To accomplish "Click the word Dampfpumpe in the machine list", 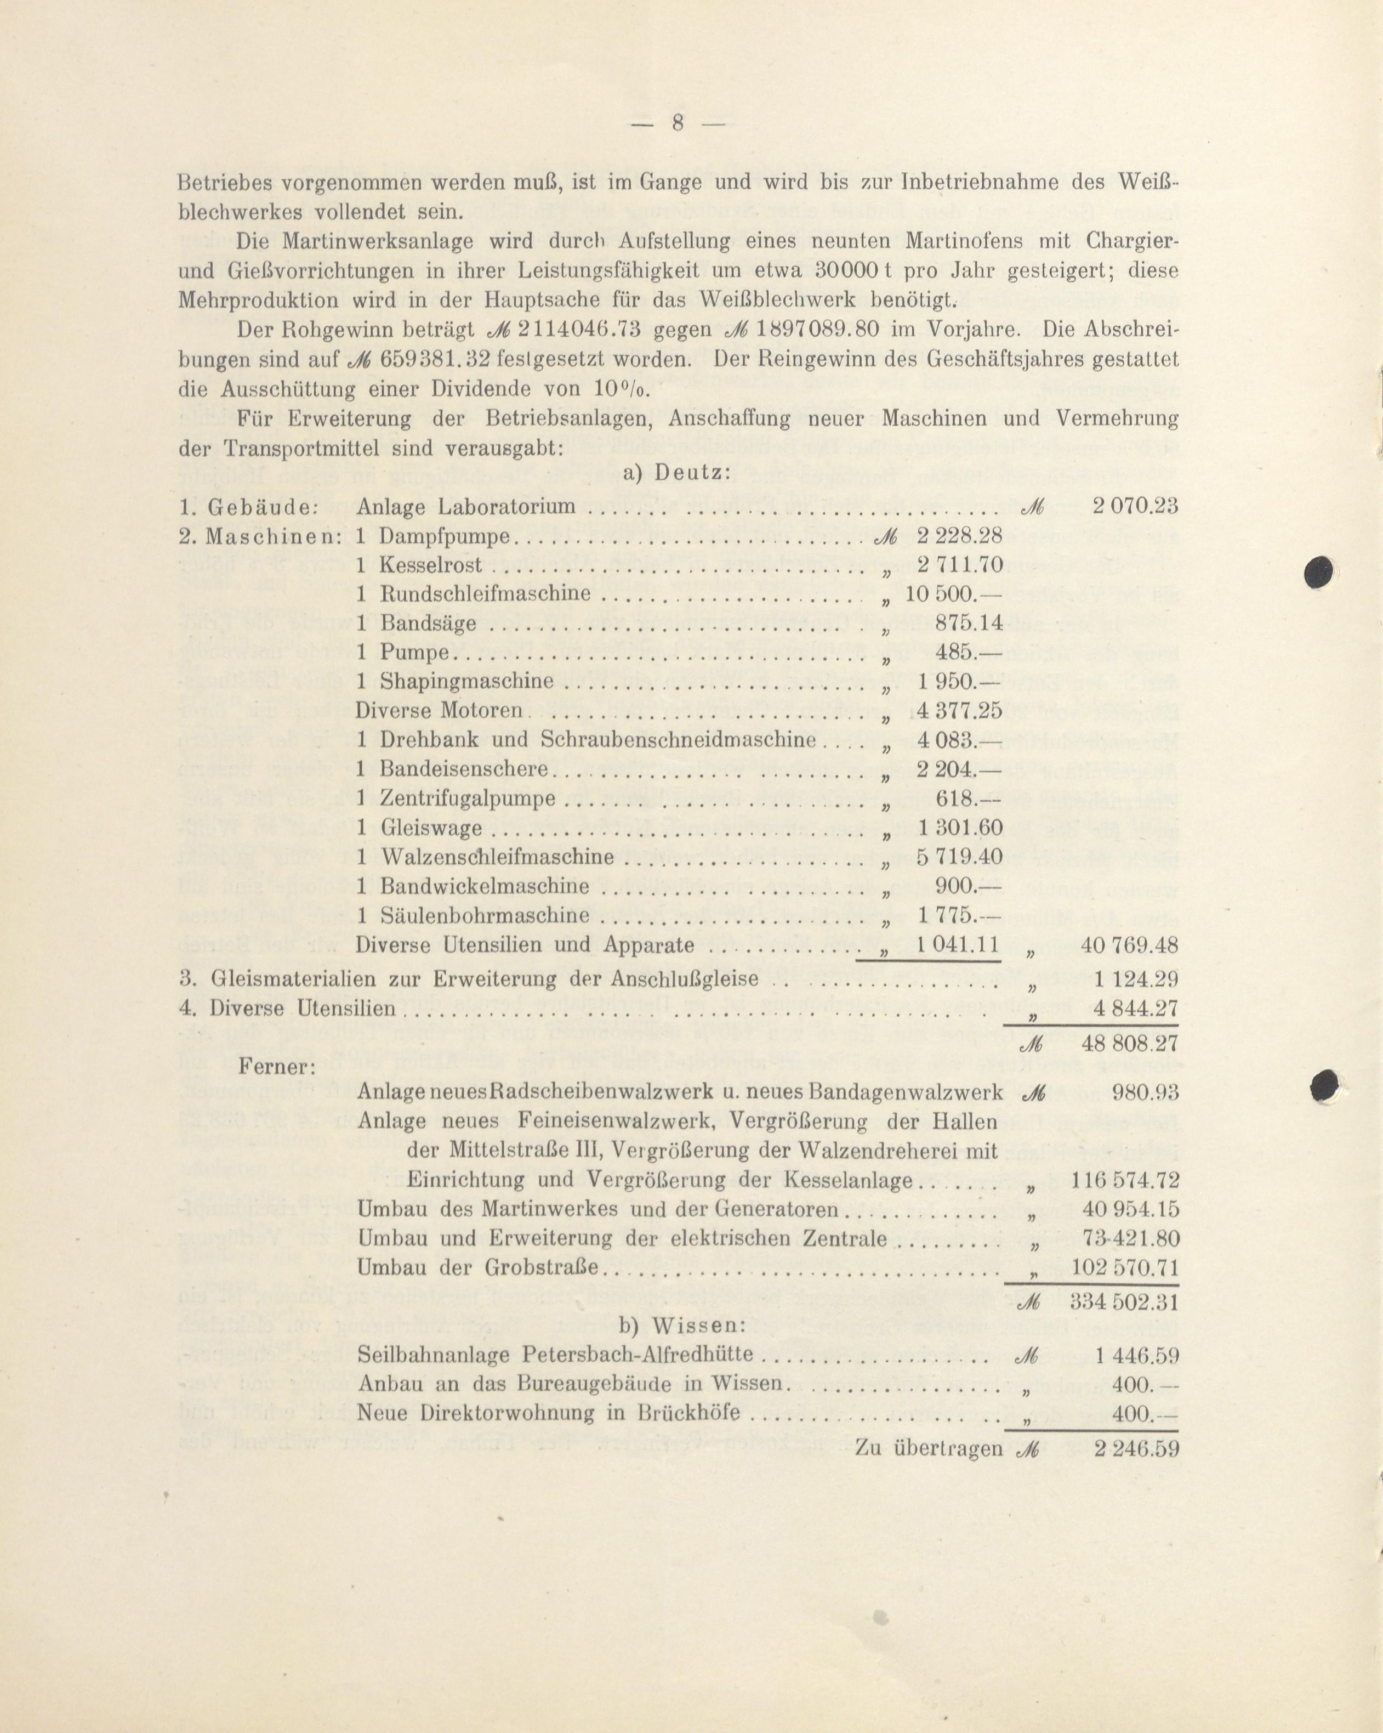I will [x=445, y=536].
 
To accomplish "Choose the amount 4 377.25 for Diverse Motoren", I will [x=959, y=711].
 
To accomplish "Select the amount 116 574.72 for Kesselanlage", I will [x=1125, y=1180].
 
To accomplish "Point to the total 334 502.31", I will [x=1125, y=1301].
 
